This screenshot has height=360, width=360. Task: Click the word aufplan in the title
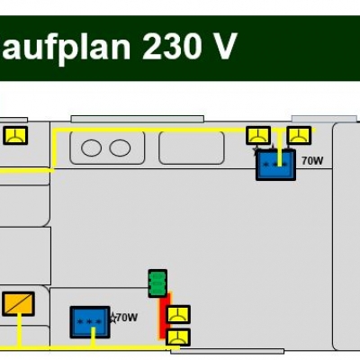[x=66, y=48]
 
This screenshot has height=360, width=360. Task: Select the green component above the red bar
[x=157, y=283]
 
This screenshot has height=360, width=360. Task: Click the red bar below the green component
[x=165, y=315]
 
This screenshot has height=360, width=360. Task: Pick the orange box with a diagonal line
[x=18, y=304]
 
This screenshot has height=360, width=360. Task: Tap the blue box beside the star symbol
[x=90, y=322]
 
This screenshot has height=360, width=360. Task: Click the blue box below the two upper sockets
[x=275, y=165]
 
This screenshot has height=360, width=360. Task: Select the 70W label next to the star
[x=127, y=318]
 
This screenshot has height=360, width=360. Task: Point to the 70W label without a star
[x=312, y=161]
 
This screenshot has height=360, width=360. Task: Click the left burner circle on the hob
[x=91, y=148]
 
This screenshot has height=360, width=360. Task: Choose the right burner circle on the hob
[x=120, y=148]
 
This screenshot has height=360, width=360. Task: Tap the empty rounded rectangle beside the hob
[x=192, y=148]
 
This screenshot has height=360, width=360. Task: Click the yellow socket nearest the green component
[x=178, y=314]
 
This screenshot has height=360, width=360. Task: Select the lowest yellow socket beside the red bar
[x=178, y=337]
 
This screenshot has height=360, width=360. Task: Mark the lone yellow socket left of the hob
[x=15, y=135]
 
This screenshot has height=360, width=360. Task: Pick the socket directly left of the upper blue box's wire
[x=258, y=135]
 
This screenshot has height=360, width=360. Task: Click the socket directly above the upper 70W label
[x=299, y=135]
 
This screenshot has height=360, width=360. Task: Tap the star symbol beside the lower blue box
[x=113, y=318]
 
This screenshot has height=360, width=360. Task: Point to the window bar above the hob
[x=138, y=119]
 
